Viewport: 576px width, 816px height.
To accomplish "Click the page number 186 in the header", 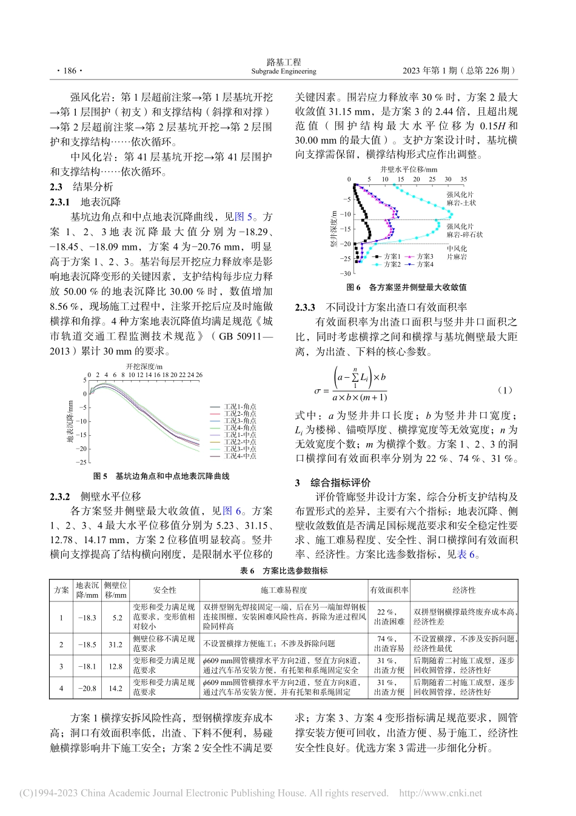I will (x=67, y=71).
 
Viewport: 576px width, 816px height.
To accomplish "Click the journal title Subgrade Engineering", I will (x=284, y=72).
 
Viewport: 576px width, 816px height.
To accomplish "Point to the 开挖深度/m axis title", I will (x=144, y=366).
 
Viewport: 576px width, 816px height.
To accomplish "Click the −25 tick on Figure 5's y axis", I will (x=81, y=463).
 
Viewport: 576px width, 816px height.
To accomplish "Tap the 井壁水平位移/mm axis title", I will (x=409, y=170).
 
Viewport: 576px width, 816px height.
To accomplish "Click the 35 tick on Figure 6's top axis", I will (x=464, y=179).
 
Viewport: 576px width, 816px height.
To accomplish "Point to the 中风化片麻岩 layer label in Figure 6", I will (x=457, y=253).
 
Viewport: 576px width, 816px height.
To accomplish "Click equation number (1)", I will (x=504, y=390).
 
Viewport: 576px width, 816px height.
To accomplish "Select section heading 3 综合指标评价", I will (x=333, y=483).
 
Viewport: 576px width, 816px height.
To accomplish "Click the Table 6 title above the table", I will (x=284, y=570).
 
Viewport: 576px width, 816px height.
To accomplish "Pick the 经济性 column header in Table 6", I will (x=464, y=590).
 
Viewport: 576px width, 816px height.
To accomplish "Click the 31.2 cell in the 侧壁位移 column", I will (x=116, y=644).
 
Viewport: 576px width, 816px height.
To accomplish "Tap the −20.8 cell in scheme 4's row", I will (x=87, y=688).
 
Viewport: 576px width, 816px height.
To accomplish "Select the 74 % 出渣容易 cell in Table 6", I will (x=389, y=643).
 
